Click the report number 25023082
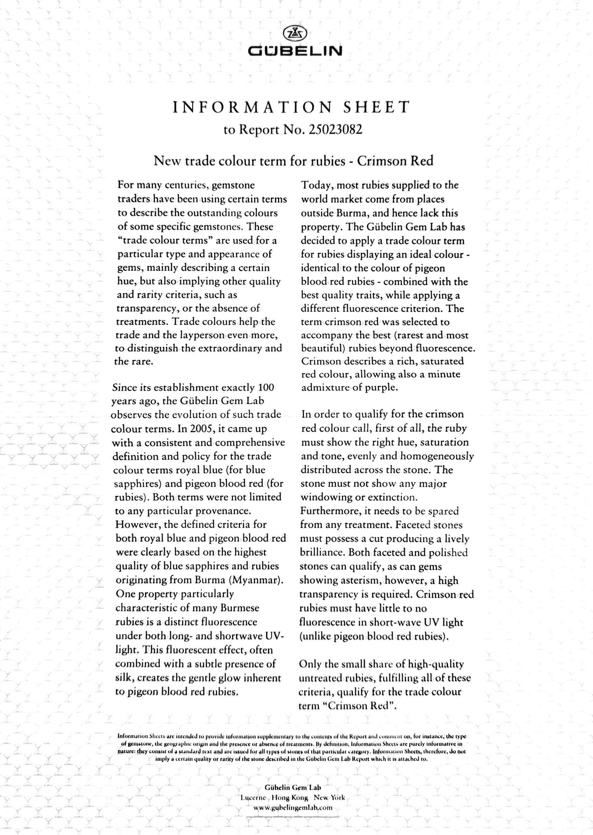335,130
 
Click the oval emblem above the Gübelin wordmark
295,33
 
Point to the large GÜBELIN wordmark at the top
295,51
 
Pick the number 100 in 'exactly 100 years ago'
266,387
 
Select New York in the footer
329,798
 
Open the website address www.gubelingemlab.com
293,807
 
